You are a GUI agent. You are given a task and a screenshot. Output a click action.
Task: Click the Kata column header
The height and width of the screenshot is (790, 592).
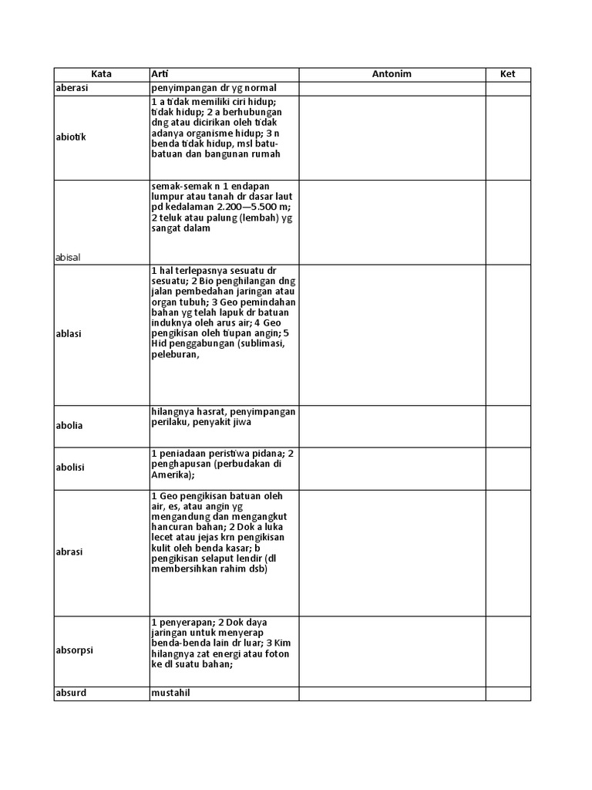pyautogui.click(x=101, y=74)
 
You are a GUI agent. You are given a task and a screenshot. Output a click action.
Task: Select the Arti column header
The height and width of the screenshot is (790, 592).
pyautogui.click(x=160, y=74)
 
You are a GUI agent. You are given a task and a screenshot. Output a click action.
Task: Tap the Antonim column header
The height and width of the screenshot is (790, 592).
pyautogui.click(x=392, y=74)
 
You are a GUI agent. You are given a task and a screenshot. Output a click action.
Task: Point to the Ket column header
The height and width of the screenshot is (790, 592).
pyautogui.click(x=507, y=74)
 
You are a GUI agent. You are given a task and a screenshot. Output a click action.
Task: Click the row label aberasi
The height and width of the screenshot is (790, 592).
pyautogui.click(x=72, y=88)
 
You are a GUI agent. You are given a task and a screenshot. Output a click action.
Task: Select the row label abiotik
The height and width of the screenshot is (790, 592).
pyautogui.click(x=71, y=137)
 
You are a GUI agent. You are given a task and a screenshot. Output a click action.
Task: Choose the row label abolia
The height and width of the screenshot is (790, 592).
pyautogui.click(x=69, y=425)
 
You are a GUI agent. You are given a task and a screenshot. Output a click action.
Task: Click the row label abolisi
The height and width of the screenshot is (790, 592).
pyautogui.click(x=70, y=468)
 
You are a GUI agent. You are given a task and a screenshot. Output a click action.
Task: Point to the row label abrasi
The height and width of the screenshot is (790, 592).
pyautogui.click(x=69, y=552)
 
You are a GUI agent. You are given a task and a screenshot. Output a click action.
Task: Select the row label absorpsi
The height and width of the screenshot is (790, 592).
pyautogui.click(x=73, y=650)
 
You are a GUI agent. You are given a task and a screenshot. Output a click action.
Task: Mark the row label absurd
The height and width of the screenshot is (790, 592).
pyautogui.click(x=71, y=693)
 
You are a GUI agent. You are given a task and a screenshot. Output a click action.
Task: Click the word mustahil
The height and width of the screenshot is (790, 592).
pyautogui.click(x=170, y=693)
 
